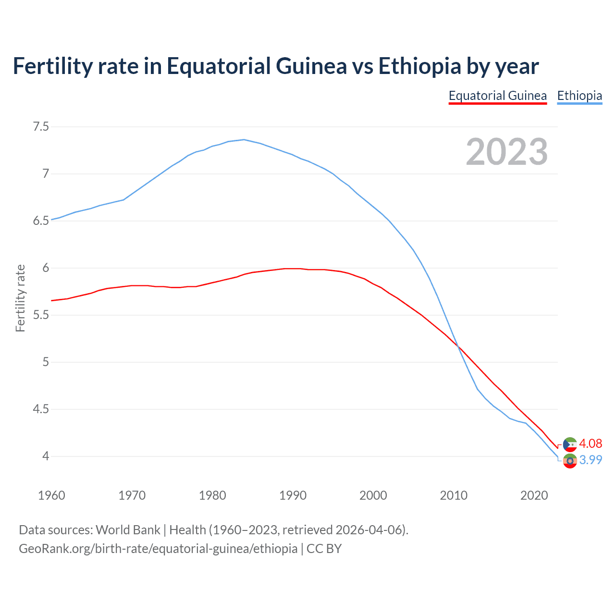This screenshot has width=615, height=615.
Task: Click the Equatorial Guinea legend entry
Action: pyautogui.click(x=497, y=96)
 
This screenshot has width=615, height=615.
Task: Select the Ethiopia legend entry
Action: pyautogui.click(x=579, y=96)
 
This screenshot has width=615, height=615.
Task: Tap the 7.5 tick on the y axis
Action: pyautogui.click(x=41, y=127)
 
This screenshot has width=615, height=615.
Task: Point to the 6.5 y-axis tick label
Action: pyautogui.click(x=41, y=221)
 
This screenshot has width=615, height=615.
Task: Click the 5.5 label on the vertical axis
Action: pyautogui.click(x=41, y=315)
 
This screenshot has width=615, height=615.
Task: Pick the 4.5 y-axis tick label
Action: pyautogui.click(x=41, y=409)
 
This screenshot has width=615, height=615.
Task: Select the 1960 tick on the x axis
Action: pyautogui.click(x=51, y=495)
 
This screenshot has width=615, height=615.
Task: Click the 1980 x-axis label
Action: pyautogui.click(x=212, y=495)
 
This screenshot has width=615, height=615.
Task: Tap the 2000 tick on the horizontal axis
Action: pyautogui.click(x=373, y=495)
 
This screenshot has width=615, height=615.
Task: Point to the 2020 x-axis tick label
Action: pyautogui.click(x=534, y=495)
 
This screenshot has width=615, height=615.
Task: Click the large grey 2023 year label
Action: pyautogui.click(x=507, y=152)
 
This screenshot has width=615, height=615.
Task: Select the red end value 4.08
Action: pyautogui.click(x=590, y=443)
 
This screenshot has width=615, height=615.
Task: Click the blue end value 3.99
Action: pyautogui.click(x=590, y=460)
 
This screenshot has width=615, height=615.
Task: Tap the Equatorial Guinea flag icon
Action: pyautogui.click(x=570, y=444)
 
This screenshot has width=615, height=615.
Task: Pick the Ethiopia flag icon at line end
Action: pyautogui.click(x=570, y=461)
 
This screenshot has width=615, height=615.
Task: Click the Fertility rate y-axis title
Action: pyautogui.click(x=20, y=298)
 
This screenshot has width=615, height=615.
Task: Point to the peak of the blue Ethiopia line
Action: pyautogui.click(x=244, y=139)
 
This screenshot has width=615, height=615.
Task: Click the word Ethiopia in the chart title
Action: pyautogui.click(x=419, y=66)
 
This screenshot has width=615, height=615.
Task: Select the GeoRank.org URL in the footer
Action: pyautogui.click(x=158, y=548)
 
